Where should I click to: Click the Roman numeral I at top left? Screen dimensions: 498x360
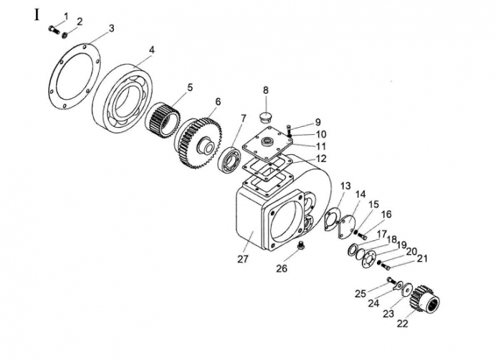point(37,15)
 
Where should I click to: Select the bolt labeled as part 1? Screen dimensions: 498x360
point(54,29)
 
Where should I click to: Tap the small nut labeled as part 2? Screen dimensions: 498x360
point(64,34)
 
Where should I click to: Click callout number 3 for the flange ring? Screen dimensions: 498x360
point(112,28)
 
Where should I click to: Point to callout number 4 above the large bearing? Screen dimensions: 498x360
point(152,50)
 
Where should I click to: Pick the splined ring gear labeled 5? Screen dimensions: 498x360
point(162,120)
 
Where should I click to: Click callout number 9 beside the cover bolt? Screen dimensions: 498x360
point(317,123)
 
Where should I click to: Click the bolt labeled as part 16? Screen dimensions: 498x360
point(363,236)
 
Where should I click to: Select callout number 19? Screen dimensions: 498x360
point(402,245)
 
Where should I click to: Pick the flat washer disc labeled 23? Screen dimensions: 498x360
point(407,290)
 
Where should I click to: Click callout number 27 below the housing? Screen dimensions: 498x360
point(242,260)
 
